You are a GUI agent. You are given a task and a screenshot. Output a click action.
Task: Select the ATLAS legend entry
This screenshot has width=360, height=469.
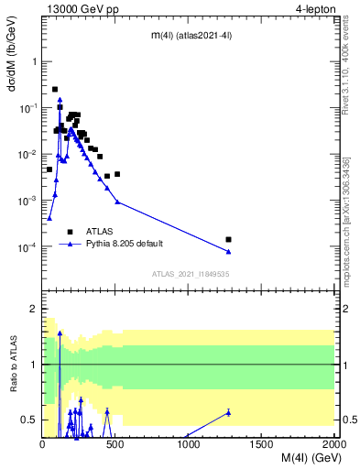pos(101,232)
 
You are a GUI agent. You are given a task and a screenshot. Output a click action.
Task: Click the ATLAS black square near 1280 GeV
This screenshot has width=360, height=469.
pos(228,239)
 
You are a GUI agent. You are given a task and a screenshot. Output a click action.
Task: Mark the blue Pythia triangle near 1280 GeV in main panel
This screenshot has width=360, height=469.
pos(228,251)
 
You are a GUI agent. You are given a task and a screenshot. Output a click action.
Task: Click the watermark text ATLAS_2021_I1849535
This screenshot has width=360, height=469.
pos(191,273)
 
